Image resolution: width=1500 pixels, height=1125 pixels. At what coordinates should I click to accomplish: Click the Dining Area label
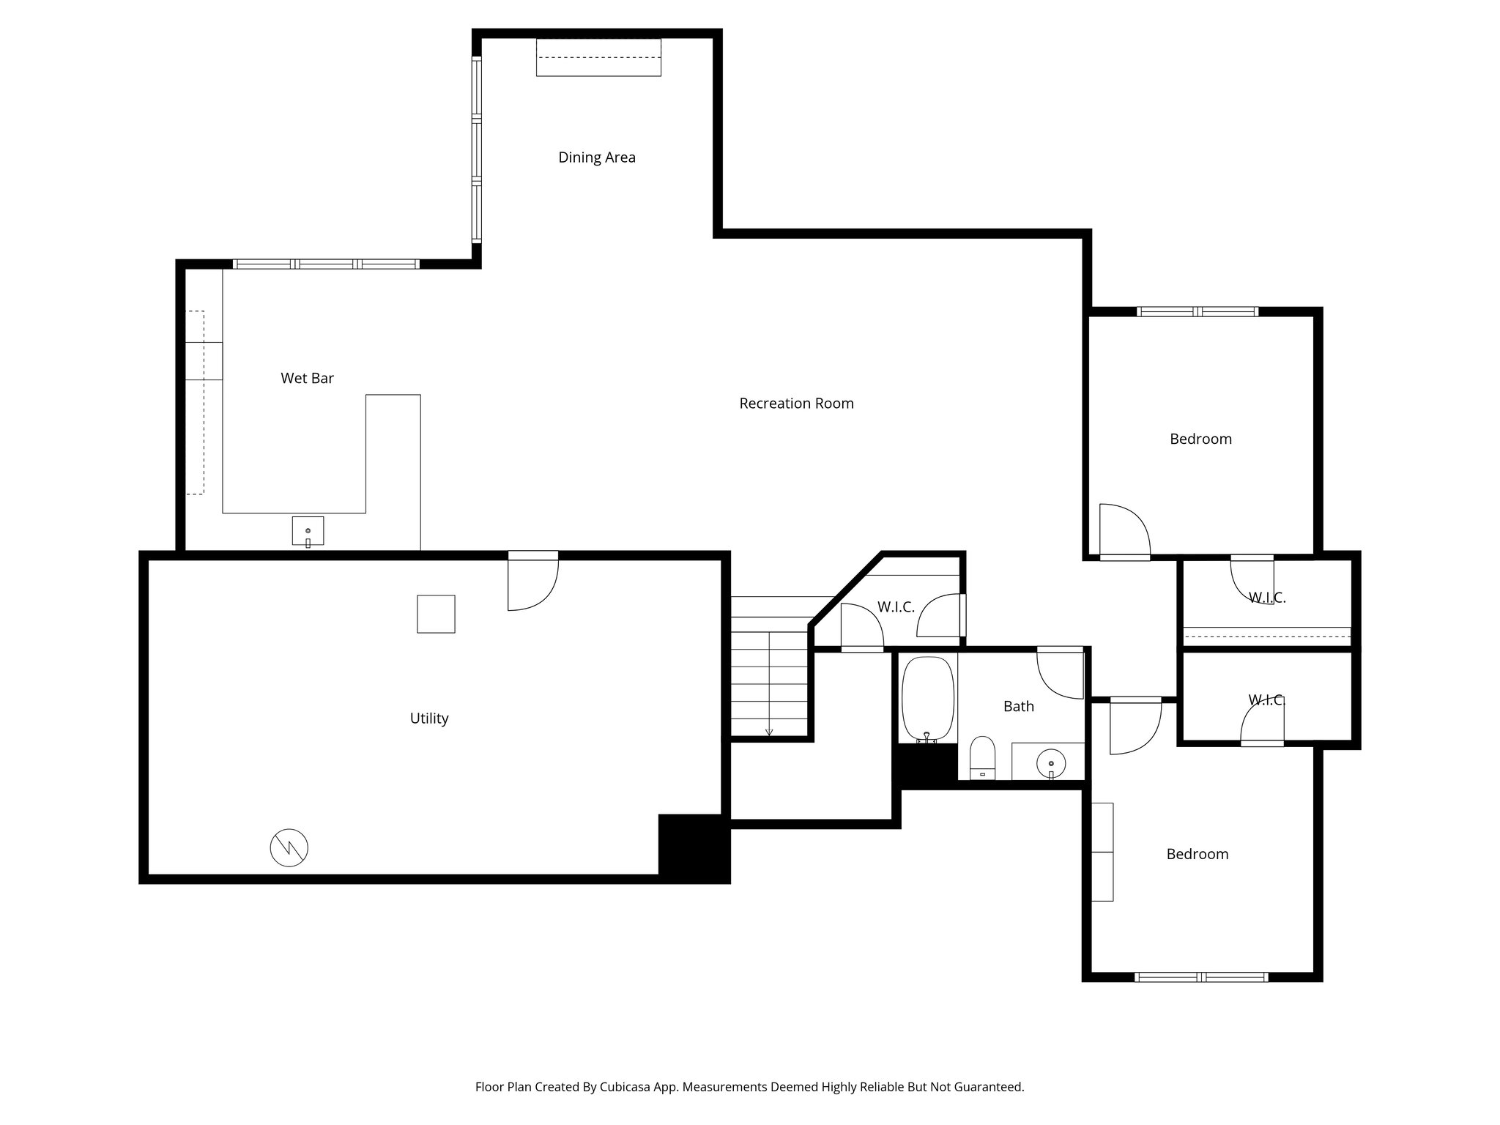pos(596,157)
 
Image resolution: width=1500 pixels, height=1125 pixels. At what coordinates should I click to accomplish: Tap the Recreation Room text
pos(796,404)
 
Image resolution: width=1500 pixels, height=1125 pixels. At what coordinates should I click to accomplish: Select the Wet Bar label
pos(307,379)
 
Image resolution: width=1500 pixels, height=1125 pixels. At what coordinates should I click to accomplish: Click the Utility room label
pos(428,719)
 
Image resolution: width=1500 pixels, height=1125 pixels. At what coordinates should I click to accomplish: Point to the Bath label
pos(1018,707)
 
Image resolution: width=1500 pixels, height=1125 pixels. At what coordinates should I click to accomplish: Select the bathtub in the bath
pos(928,699)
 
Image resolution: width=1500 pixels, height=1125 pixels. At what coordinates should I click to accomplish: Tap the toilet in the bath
pos(982,757)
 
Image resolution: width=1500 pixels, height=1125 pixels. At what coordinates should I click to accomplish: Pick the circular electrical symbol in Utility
pos(289,848)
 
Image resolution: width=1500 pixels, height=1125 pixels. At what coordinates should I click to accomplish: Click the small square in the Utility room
pos(436,614)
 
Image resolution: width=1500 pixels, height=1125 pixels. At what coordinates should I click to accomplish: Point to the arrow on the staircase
pos(769,730)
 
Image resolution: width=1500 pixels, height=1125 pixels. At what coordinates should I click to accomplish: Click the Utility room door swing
pos(532,582)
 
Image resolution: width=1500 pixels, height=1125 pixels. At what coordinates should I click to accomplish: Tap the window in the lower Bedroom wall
pos(1200,976)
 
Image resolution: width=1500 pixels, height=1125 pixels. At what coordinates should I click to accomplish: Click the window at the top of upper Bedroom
pos(1198,312)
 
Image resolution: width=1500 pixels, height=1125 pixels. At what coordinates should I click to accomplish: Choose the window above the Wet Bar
pos(326,264)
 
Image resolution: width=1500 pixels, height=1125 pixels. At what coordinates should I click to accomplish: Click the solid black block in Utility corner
pos(694,847)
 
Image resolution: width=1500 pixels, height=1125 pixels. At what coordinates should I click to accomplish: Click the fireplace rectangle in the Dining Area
pos(598,58)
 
